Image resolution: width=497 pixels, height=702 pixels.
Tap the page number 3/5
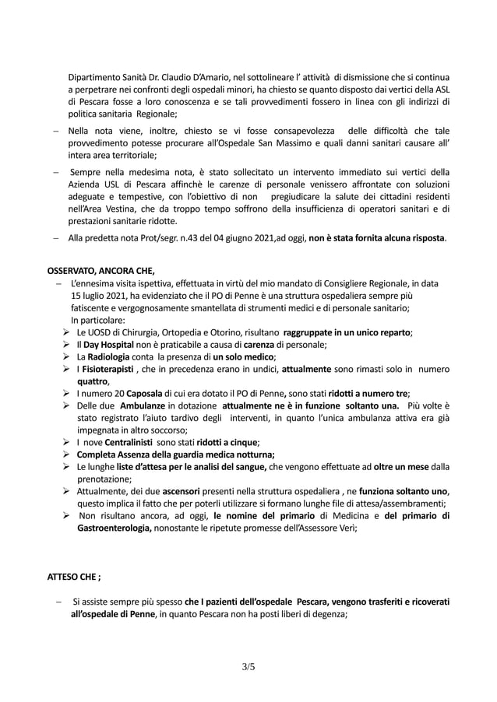(248, 666)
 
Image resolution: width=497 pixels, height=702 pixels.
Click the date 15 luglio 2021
(102, 296)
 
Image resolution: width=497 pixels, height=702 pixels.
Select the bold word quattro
(91, 382)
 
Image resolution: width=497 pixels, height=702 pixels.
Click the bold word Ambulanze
(140, 406)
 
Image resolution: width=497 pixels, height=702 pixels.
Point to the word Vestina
(112, 209)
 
